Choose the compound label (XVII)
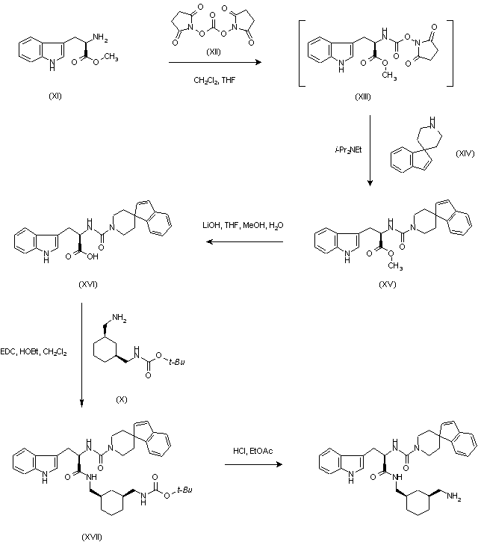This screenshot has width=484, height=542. click(x=92, y=536)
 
